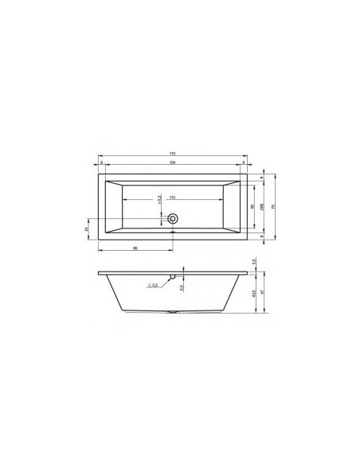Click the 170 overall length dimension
(172, 153)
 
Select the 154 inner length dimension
(172, 162)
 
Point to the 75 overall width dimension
(273, 206)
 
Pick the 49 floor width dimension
(252, 206)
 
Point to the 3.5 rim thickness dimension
(252, 261)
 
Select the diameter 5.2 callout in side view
(153, 284)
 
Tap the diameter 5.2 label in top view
(159, 197)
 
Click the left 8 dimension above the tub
(101, 162)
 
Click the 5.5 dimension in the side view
(181, 287)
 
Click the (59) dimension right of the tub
(262, 206)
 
